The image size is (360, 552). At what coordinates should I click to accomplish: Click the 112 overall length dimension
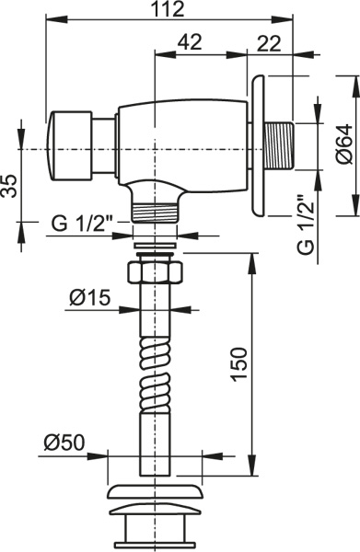point(168,9)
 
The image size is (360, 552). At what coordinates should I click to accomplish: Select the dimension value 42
point(190,42)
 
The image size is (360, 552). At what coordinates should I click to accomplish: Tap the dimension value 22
point(269,44)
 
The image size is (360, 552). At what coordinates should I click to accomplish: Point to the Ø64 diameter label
point(344,144)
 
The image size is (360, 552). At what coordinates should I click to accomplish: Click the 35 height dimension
point(9,186)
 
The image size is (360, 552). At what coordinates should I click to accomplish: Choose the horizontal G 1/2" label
point(82,224)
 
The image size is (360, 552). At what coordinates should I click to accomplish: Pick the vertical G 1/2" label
point(305,224)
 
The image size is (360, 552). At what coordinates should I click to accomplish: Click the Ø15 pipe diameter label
point(90,298)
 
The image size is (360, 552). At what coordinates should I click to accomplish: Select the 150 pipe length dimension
point(238,364)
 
